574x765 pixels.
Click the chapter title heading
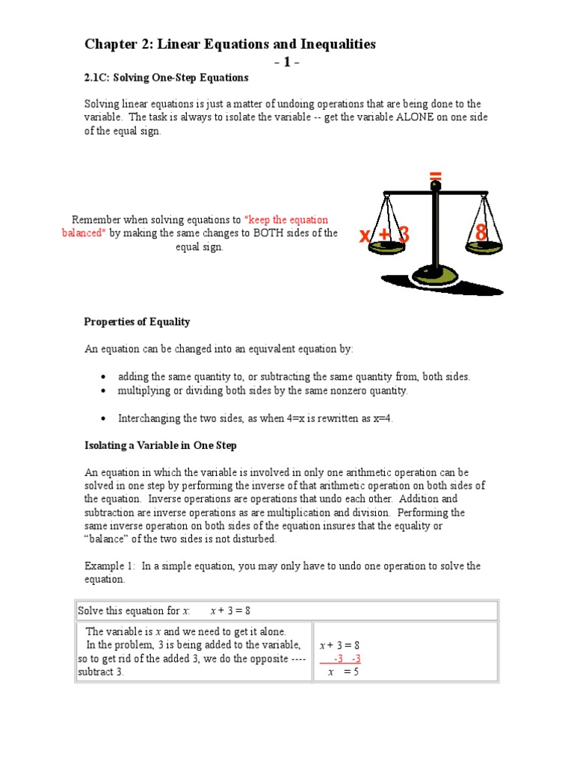pyautogui.click(x=229, y=45)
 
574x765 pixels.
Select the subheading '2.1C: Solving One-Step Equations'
pyautogui.click(x=166, y=78)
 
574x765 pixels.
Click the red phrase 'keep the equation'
pyautogui.click(x=287, y=220)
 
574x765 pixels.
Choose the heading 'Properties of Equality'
pyautogui.click(x=137, y=322)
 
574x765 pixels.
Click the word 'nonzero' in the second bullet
pyautogui.click(x=342, y=391)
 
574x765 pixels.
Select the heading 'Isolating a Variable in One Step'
pyautogui.click(x=161, y=446)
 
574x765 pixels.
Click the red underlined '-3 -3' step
pyautogui.click(x=347, y=658)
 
